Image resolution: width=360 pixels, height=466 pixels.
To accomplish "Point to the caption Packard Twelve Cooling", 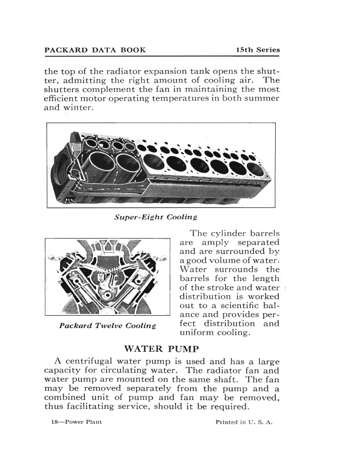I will (x=107, y=325).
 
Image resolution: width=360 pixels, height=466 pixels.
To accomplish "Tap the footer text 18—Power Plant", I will (x=77, y=422).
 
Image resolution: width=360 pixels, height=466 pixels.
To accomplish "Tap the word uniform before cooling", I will (x=197, y=333).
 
